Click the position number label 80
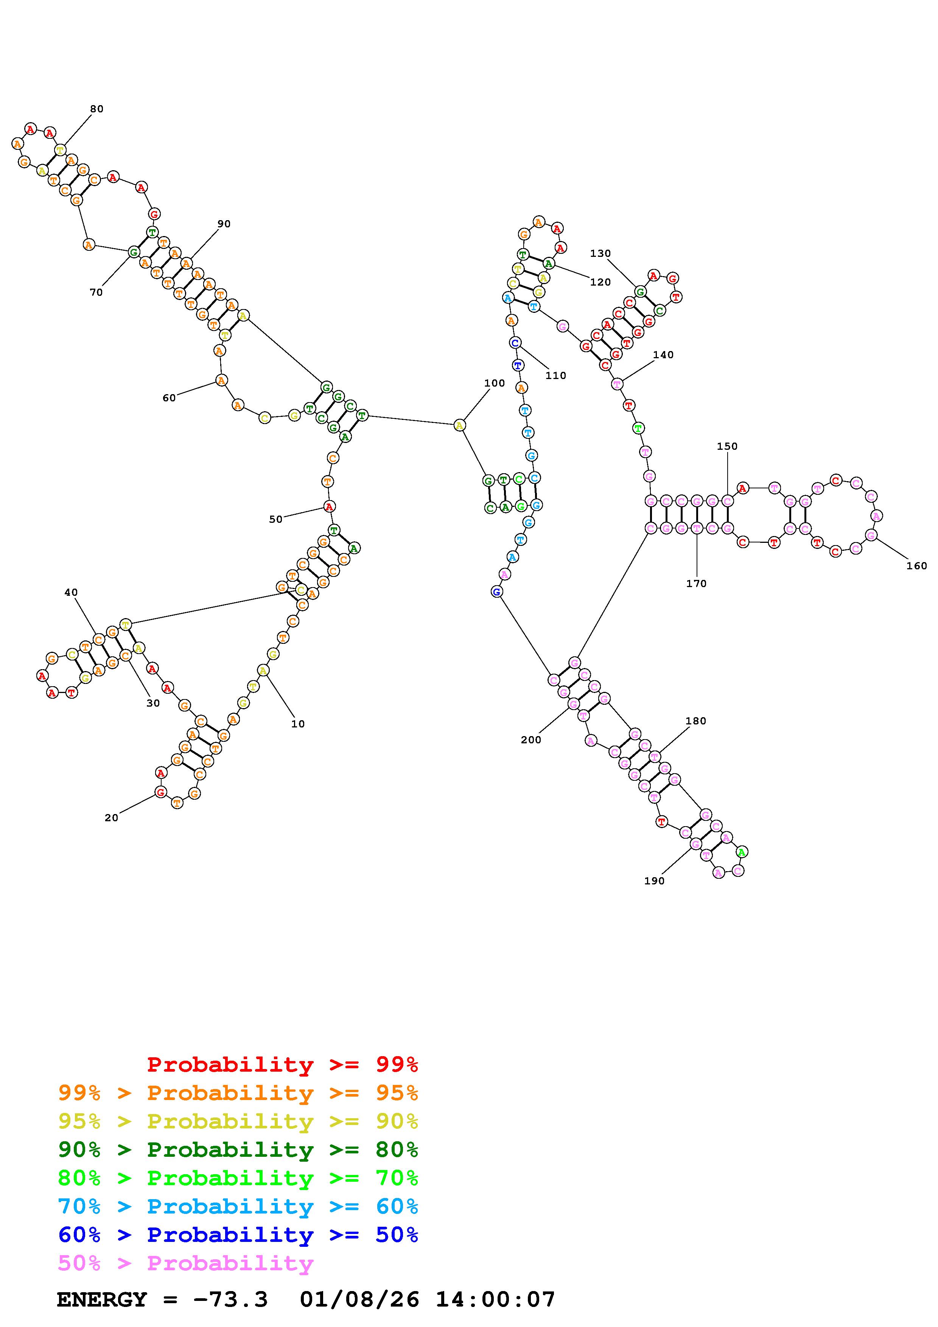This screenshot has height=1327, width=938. point(96,109)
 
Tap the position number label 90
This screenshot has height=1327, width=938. point(224,224)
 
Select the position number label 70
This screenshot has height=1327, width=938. point(96,292)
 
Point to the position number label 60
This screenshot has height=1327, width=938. point(169,398)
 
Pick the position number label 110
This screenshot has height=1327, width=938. point(555,376)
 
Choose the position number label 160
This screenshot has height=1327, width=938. point(916,566)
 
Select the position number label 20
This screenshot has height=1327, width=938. point(112,818)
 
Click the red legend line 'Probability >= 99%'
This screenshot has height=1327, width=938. point(282,1064)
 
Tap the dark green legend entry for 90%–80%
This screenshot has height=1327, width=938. point(238,1150)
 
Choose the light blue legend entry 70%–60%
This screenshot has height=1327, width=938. point(238,1206)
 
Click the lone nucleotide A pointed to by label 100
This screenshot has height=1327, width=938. point(459,426)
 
